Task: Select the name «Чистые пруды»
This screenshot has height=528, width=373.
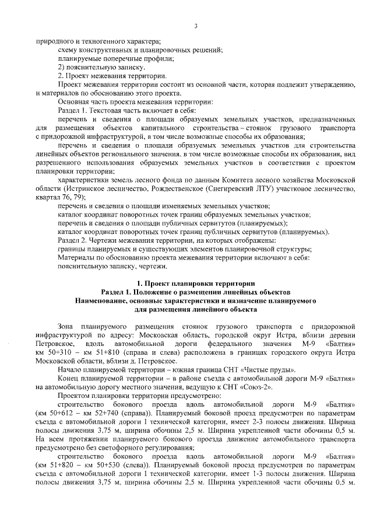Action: pyautogui.click(x=270, y=370)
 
